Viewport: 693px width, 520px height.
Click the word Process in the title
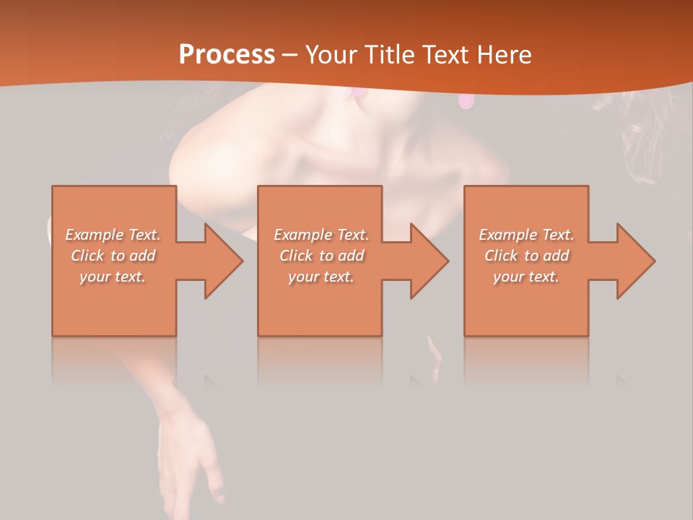click(227, 54)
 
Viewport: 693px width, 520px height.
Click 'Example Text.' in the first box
click(113, 235)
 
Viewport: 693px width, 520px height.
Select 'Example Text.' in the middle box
click(321, 235)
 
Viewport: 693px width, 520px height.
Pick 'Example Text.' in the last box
click(526, 235)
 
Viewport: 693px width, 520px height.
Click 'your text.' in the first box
click(113, 277)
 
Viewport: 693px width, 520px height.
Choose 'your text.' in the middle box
click(321, 277)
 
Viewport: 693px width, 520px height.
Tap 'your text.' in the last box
click(526, 277)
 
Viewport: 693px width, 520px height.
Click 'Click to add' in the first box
click(113, 256)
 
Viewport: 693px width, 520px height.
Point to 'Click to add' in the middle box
click(321, 256)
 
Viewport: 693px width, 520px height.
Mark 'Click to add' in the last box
click(526, 256)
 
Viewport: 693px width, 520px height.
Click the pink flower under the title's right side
click(466, 101)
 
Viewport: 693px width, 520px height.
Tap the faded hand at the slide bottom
click(189, 462)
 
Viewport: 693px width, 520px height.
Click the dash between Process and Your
click(289, 55)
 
